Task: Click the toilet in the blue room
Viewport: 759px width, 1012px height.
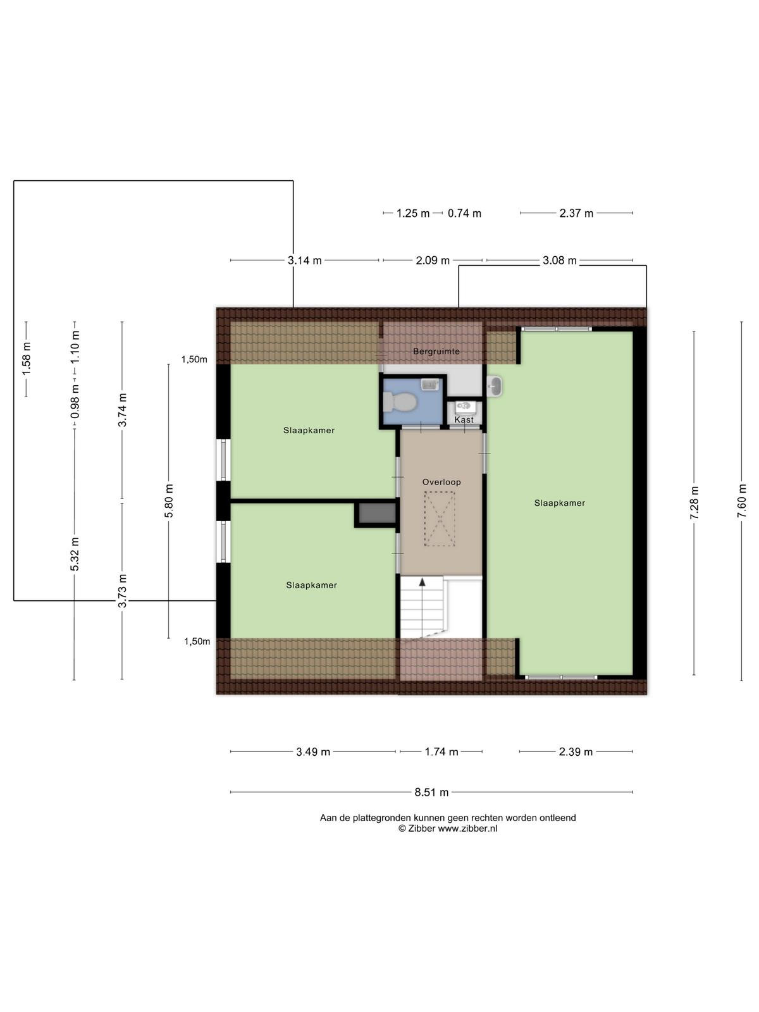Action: [400, 402]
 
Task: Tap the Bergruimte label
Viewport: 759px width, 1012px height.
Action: [436, 351]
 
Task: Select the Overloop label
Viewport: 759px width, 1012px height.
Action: [441, 482]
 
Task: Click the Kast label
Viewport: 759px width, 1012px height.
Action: [464, 419]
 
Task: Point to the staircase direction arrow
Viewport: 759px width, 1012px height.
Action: [422, 583]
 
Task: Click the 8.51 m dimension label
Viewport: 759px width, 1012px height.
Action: [431, 792]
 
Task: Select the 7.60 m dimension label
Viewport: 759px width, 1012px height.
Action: [741, 501]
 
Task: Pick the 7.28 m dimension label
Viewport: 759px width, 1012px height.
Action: [694, 503]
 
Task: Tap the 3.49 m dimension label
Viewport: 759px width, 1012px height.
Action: [313, 752]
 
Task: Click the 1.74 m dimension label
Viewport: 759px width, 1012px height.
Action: [441, 752]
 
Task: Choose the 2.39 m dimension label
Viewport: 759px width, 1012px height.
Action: [576, 752]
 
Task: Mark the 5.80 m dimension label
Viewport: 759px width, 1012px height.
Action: [169, 501]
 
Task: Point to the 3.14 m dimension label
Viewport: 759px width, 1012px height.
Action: [305, 261]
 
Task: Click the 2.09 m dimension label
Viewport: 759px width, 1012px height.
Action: [432, 261]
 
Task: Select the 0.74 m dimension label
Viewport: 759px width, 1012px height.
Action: [464, 213]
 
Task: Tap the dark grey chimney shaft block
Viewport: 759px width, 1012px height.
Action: [377, 513]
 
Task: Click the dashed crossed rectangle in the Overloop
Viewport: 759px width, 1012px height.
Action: [439, 519]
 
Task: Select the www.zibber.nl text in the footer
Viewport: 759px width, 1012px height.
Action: [467, 828]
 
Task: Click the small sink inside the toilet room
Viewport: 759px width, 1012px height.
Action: [429, 383]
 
